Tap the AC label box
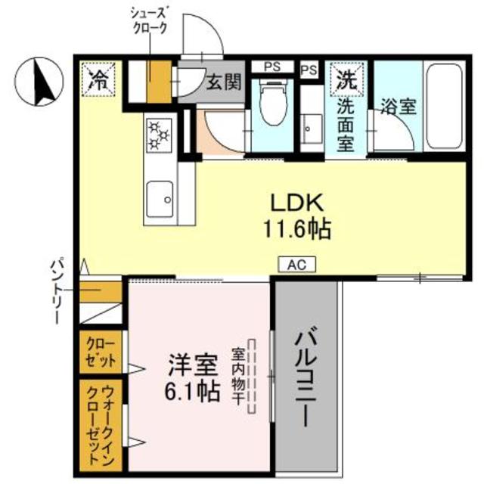[296, 264]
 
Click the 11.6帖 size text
[298, 228]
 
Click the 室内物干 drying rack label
[237, 378]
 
